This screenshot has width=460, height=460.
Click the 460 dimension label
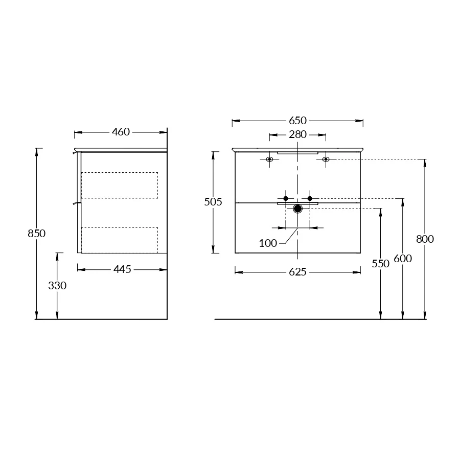click(121, 132)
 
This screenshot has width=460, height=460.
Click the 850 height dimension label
click(37, 234)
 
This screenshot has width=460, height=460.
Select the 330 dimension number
click(57, 286)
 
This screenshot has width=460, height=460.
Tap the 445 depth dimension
click(122, 269)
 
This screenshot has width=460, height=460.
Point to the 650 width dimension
click(297, 121)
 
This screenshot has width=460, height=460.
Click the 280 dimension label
click(297, 135)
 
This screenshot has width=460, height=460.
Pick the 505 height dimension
click(213, 202)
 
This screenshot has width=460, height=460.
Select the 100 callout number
click(268, 243)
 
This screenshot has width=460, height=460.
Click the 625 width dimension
click(297, 272)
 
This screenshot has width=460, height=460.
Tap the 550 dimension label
click(381, 264)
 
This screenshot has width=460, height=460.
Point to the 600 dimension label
click(403, 259)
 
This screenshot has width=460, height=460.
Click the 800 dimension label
click(425, 239)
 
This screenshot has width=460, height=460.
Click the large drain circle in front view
click(297, 208)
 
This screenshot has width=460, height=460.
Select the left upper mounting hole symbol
click(269, 159)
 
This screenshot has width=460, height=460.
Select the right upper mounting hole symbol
click(326, 159)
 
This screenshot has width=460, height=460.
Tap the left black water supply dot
click(286, 198)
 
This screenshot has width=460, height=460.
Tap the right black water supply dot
click(310, 198)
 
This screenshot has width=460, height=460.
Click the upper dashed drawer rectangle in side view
click(120, 186)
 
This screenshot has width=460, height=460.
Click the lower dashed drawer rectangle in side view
click(120, 240)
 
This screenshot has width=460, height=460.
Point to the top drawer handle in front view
click(297, 152)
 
